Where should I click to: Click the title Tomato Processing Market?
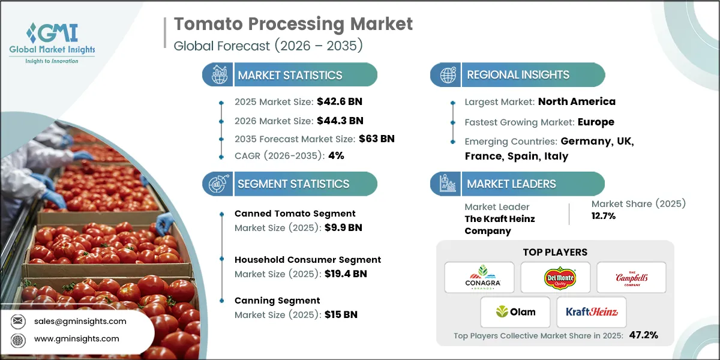tap(293, 24)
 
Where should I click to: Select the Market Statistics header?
tap(290, 76)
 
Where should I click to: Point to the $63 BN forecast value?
tap(376, 139)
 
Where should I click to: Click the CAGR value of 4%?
tap(336, 155)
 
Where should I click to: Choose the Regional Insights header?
tap(518, 75)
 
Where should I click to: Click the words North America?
tap(577, 102)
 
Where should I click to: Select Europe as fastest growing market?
tap(595, 122)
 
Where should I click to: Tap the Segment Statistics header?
tap(293, 184)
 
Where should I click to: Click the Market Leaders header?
tap(511, 184)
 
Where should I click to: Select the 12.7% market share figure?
tap(603, 216)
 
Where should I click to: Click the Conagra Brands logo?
tap(479, 277)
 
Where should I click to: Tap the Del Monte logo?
tap(555, 277)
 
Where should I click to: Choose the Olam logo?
tap(515, 312)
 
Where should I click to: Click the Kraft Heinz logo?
tap(591, 312)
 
